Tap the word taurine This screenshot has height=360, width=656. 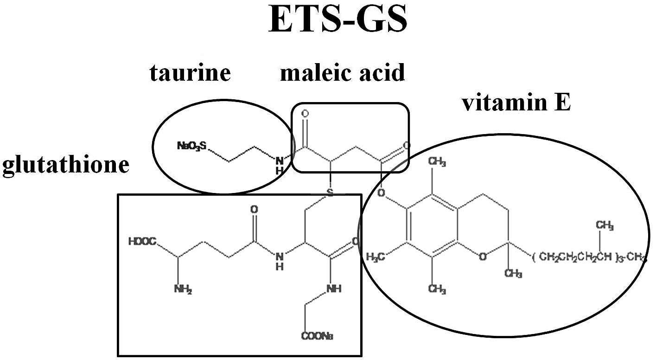coord(190,73)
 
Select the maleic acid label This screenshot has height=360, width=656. coord(342,73)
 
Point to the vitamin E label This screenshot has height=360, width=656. coord(516,103)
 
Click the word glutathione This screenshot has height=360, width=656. coord(65,165)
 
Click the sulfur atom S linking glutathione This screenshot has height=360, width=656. coord(330,193)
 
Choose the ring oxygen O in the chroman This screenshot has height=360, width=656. coord(483,257)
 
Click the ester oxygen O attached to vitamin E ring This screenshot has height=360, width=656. coord(382,193)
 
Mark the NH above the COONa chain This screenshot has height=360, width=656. coord(334,288)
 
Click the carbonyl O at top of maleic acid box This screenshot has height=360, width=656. coord(305,113)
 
